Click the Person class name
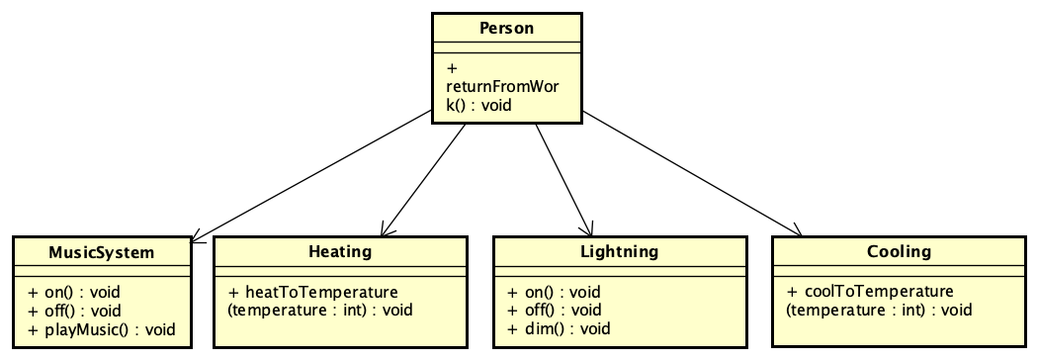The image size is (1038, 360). [x=506, y=28]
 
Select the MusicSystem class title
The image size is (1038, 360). [x=101, y=252]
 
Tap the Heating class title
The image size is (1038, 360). [x=340, y=251]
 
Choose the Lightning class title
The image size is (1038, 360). [x=619, y=251]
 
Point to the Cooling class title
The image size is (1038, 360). [x=898, y=251]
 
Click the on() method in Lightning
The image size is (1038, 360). [x=554, y=293]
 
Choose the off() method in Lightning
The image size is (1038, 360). [x=555, y=311]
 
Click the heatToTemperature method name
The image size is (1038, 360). [x=313, y=293]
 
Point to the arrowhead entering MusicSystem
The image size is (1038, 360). [x=195, y=237]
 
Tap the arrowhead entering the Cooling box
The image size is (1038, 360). [x=797, y=232]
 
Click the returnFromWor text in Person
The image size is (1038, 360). [x=502, y=87]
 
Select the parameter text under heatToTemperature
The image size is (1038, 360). [x=319, y=311]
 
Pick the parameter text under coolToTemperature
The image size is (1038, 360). [x=878, y=311]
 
